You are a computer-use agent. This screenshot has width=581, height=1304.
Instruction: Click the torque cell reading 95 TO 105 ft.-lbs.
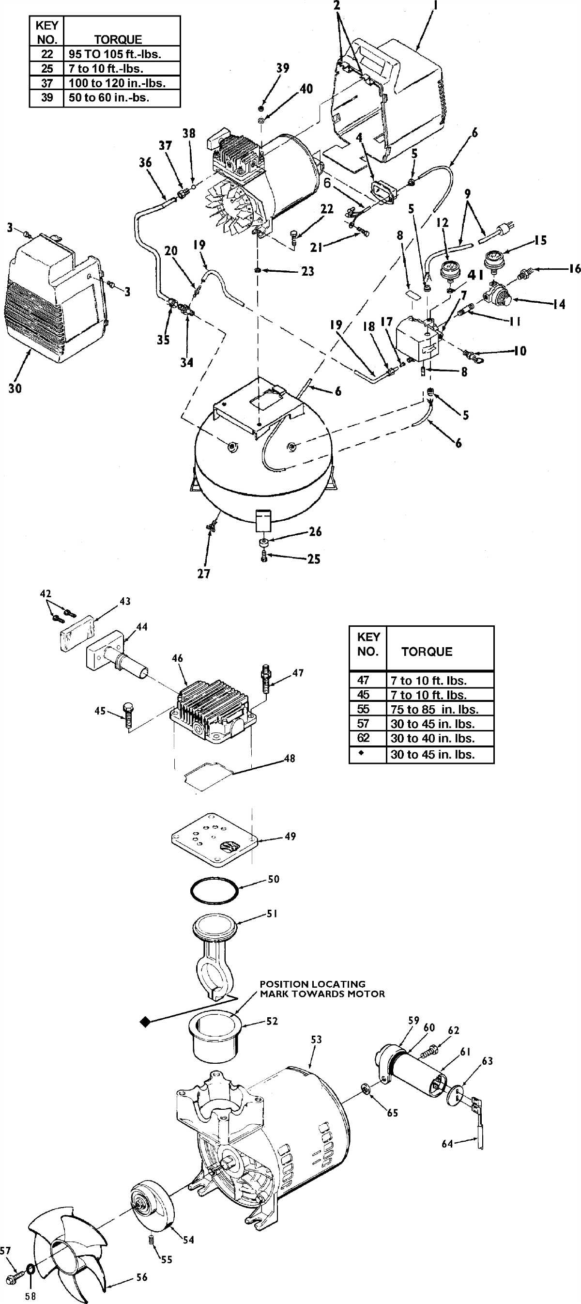(x=122, y=54)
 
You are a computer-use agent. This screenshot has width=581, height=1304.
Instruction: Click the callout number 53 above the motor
(x=316, y=1039)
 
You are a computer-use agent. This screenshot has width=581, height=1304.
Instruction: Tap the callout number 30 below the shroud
(x=15, y=388)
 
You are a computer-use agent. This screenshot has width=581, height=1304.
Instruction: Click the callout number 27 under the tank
(x=203, y=574)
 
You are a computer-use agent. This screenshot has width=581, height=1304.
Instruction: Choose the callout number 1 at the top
(x=436, y=7)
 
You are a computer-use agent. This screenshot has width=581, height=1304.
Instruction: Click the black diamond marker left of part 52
(x=146, y=1022)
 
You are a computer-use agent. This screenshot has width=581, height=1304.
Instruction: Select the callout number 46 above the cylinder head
(x=177, y=659)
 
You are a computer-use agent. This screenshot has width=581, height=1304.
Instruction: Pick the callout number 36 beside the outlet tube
(x=145, y=163)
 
